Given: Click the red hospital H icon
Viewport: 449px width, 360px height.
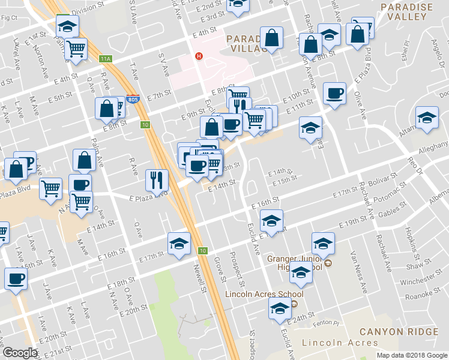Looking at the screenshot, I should [198, 56].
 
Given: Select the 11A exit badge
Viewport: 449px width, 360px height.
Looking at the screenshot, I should [106, 59].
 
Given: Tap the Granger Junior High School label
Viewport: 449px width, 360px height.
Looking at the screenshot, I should [295, 263].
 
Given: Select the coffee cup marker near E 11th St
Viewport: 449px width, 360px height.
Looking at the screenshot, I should [334, 94].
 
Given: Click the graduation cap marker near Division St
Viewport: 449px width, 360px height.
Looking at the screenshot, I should [67, 27].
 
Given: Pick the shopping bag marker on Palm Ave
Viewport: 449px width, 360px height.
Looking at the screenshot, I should [85, 161].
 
